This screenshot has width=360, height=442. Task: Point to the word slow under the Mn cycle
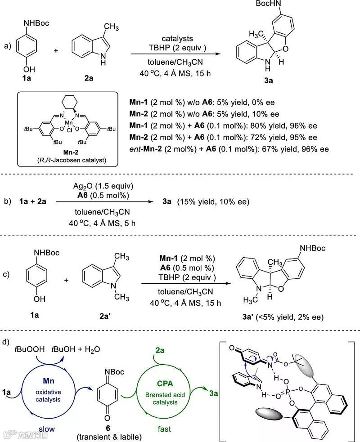tap(46, 429)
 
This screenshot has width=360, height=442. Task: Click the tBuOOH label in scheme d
tap(29, 349)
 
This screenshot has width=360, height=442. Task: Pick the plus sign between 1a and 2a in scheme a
tap(56, 50)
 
